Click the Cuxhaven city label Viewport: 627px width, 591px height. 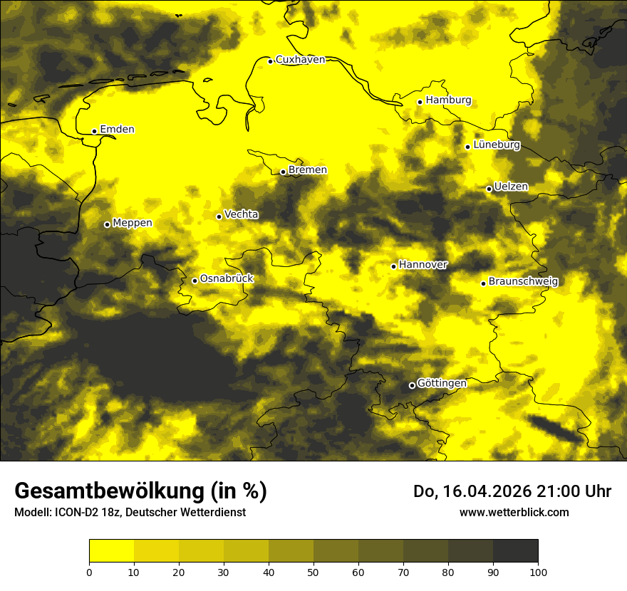(300, 59)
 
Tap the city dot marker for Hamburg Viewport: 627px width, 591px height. (420, 102)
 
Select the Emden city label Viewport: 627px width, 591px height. (117, 129)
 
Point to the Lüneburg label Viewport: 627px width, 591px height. (496, 145)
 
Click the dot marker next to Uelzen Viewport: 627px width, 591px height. (489, 189)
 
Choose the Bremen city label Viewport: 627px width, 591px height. (307, 169)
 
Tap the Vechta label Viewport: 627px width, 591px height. (241, 214)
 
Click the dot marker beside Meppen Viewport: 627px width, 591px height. (107, 224)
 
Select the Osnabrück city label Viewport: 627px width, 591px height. (227, 278)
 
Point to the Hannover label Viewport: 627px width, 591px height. (423, 265)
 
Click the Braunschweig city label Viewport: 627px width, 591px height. (524, 281)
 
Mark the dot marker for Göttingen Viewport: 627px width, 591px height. (412, 386)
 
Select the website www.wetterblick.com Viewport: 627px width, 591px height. (514, 512)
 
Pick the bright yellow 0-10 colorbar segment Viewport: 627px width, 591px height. (111, 551)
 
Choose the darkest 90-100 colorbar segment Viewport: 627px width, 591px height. (515, 551)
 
